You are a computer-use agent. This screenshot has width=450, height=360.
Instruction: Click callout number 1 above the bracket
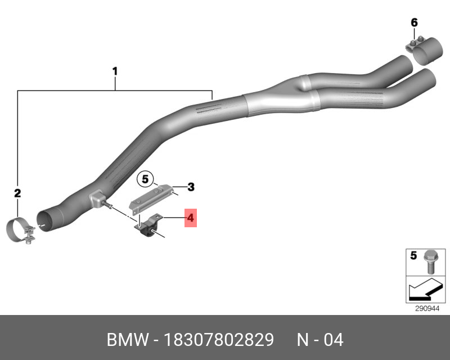[x=115, y=71]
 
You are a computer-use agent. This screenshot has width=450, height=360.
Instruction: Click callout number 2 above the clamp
[x=17, y=193]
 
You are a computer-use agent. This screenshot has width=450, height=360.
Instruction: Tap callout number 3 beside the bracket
[x=191, y=187]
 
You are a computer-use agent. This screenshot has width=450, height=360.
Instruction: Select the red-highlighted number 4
[x=191, y=218]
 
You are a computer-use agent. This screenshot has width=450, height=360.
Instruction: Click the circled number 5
[x=145, y=179]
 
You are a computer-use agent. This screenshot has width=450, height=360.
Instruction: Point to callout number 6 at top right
[x=414, y=22]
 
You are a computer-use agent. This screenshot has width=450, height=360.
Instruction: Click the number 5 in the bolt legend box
[x=413, y=255]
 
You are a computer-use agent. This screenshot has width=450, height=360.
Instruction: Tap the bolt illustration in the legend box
[x=430, y=262]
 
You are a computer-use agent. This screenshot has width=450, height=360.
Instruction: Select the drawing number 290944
[x=427, y=309]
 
